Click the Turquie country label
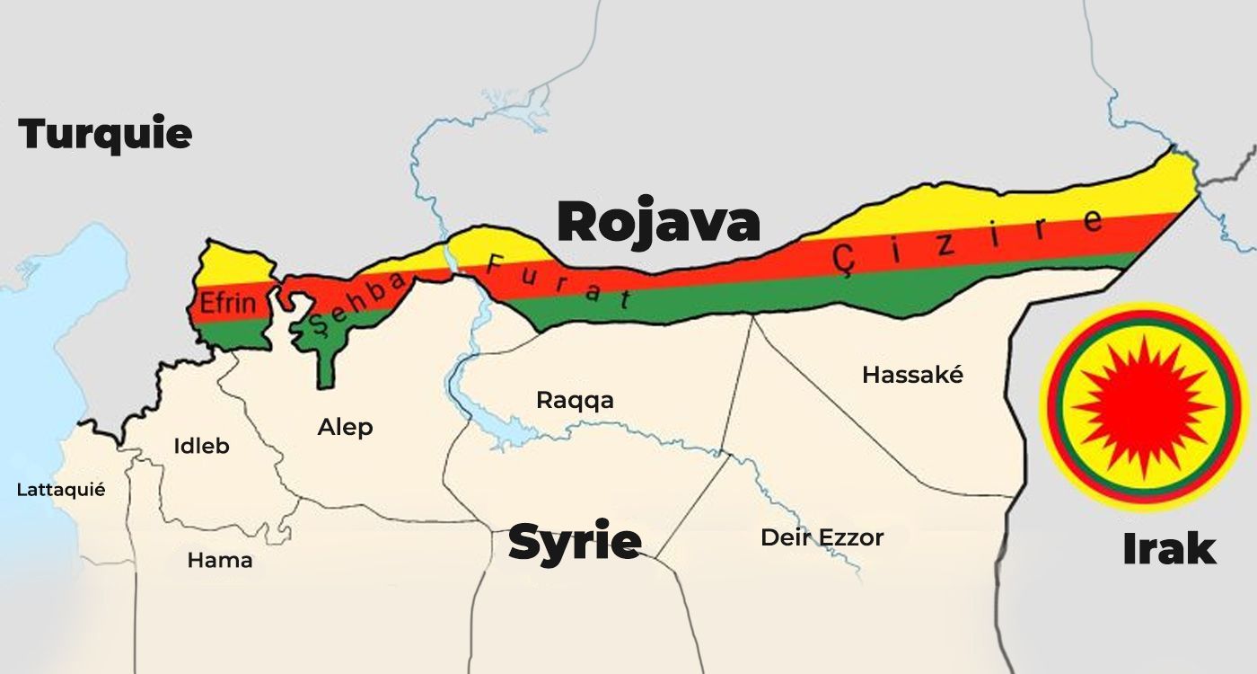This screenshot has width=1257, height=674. click(x=105, y=134)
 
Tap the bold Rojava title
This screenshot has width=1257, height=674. click(x=658, y=222)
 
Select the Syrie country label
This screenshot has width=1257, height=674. click(x=575, y=542)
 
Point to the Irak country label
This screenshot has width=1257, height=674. click(x=1169, y=548)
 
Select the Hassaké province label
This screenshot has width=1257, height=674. click(x=912, y=375)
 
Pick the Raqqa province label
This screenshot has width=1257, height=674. click(x=575, y=400)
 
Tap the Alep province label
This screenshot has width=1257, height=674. click(x=345, y=427)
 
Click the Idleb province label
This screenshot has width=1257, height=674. click(x=201, y=445)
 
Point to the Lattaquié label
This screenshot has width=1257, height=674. click(x=61, y=490)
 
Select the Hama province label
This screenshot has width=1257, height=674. click(x=219, y=561)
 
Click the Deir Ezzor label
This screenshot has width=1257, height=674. click(x=822, y=537)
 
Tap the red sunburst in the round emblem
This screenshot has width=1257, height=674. click(x=1142, y=407)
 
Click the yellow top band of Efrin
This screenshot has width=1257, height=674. click(x=235, y=264)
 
